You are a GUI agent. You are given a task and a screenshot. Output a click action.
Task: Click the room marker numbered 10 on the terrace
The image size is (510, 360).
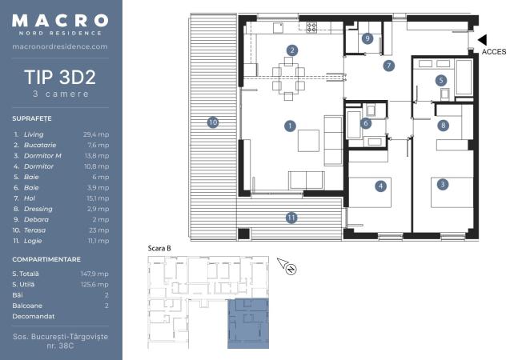tap(213, 122)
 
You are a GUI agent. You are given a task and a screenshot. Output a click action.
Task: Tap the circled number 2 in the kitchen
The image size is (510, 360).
tap(292, 50)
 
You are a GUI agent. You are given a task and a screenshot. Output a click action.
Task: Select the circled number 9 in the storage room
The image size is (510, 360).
tap(367, 38)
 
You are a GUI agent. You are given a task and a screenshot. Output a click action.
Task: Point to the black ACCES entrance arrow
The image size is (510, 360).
tap(482, 40)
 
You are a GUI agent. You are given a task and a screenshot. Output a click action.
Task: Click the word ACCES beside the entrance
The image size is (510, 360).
tap(494, 52)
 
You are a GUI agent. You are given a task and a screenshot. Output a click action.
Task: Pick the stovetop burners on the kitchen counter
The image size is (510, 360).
tap(311, 27)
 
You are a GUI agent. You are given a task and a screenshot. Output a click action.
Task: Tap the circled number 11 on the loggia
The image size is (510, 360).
tap(291, 218)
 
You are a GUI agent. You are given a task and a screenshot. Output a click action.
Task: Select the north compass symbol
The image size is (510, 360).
tap(287, 266)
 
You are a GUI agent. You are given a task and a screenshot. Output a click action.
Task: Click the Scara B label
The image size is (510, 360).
tap(159, 249)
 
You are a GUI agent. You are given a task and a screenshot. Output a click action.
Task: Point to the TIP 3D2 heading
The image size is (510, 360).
tap(60, 77)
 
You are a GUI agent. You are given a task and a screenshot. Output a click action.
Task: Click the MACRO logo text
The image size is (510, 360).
tap(60, 21)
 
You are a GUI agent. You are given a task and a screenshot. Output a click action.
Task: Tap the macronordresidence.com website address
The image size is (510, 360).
tap(60, 46)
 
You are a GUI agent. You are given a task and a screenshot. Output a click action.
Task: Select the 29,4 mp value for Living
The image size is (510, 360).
tap(96, 134)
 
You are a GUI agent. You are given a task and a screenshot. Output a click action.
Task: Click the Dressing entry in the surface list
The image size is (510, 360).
tap(38, 209)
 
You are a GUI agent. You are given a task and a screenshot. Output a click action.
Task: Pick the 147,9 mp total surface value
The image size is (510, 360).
tap(94, 274)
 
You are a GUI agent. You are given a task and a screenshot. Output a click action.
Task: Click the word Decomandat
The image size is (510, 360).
tap(34, 316)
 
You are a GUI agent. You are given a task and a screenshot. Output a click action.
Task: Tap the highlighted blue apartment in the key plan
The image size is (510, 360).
tap(248, 323)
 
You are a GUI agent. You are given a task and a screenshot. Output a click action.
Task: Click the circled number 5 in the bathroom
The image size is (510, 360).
tap(441, 80)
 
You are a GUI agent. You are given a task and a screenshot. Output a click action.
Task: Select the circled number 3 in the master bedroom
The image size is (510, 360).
tap(442, 185)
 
